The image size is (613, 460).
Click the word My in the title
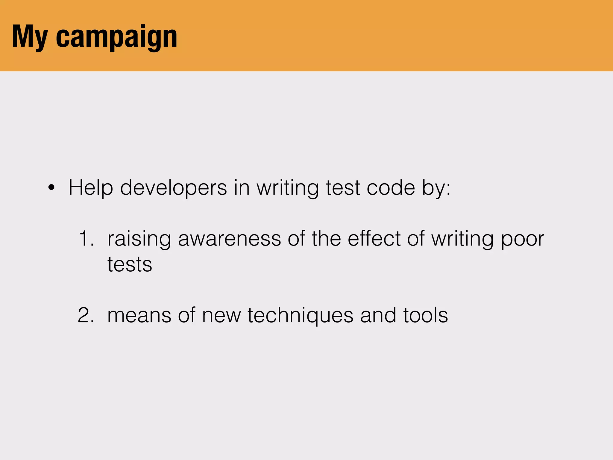click(x=30, y=37)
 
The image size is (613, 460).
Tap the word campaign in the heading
click(x=116, y=37)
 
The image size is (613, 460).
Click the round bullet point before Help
click(x=51, y=188)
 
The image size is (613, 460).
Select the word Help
click(x=91, y=188)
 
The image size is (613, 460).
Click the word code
click(x=391, y=188)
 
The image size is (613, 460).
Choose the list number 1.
click(x=87, y=239)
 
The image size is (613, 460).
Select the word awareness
click(x=229, y=239)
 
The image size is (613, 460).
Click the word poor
click(x=522, y=239)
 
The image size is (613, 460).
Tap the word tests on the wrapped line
click(x=130, y=264)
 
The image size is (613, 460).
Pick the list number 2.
click(x=86, y=315)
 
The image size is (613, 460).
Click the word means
click(x=139, y=316)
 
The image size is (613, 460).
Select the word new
click(x=221, y=316)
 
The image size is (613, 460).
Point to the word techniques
click(x=300, y=316)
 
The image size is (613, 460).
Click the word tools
click(x=425, y=315)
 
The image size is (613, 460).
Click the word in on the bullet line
click(x=242, y=188)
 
